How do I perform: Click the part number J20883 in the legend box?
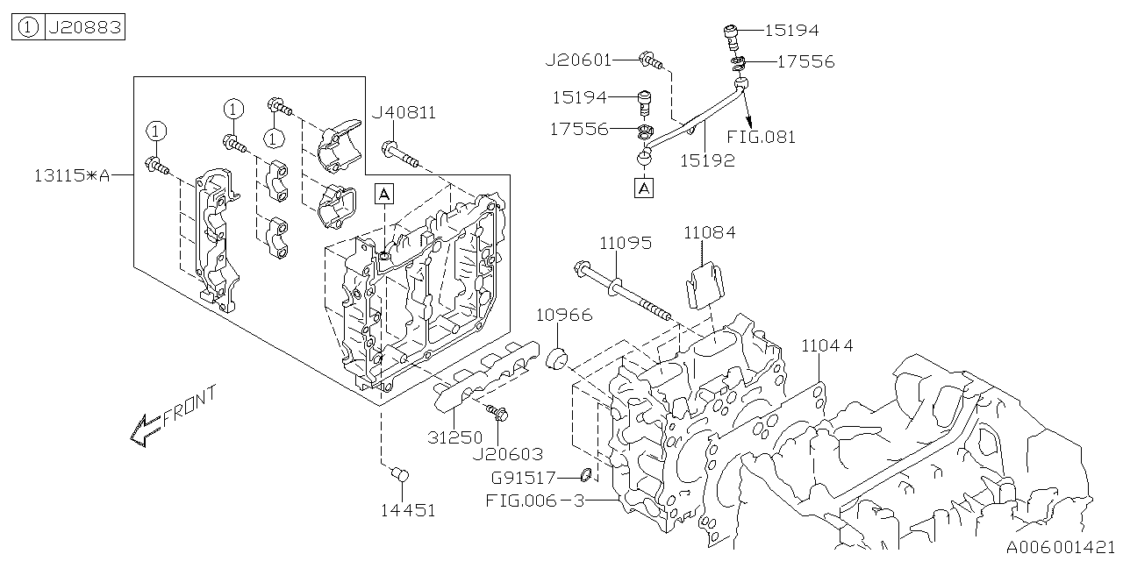[85, 26]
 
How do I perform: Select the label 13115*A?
[72, 176]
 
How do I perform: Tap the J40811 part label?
[404, 113]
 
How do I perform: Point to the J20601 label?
[578, 60]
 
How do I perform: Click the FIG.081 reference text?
[761, 138]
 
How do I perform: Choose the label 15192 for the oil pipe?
[707, 160]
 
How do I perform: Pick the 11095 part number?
[626, 244]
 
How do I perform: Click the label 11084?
[710, 233]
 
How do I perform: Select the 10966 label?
[564, 315]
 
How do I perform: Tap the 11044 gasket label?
[827, 345]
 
